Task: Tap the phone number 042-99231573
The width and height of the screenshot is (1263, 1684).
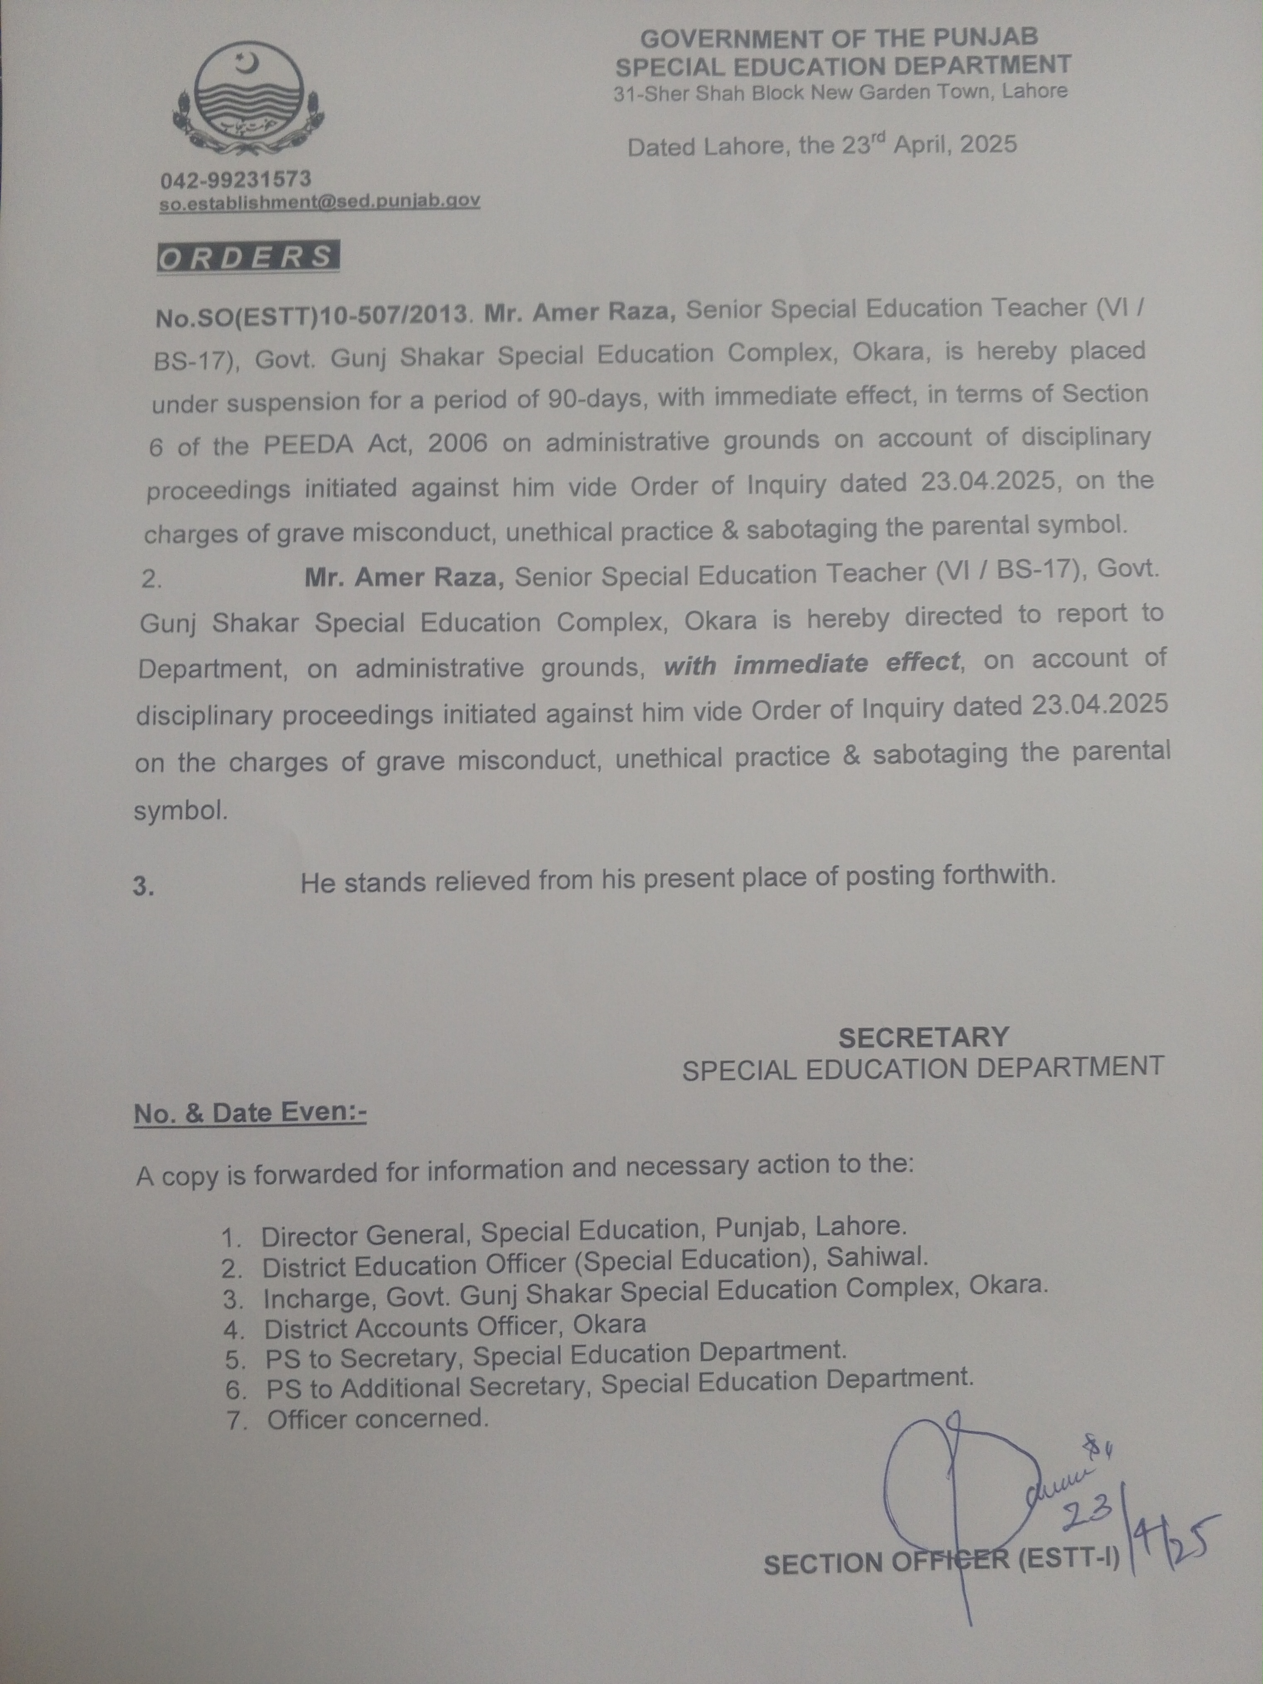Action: tap(235, 180)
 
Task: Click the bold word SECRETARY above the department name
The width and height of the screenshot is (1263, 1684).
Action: tap(924, 1037)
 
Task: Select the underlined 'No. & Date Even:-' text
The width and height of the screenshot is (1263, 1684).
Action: tap(250, 1113)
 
